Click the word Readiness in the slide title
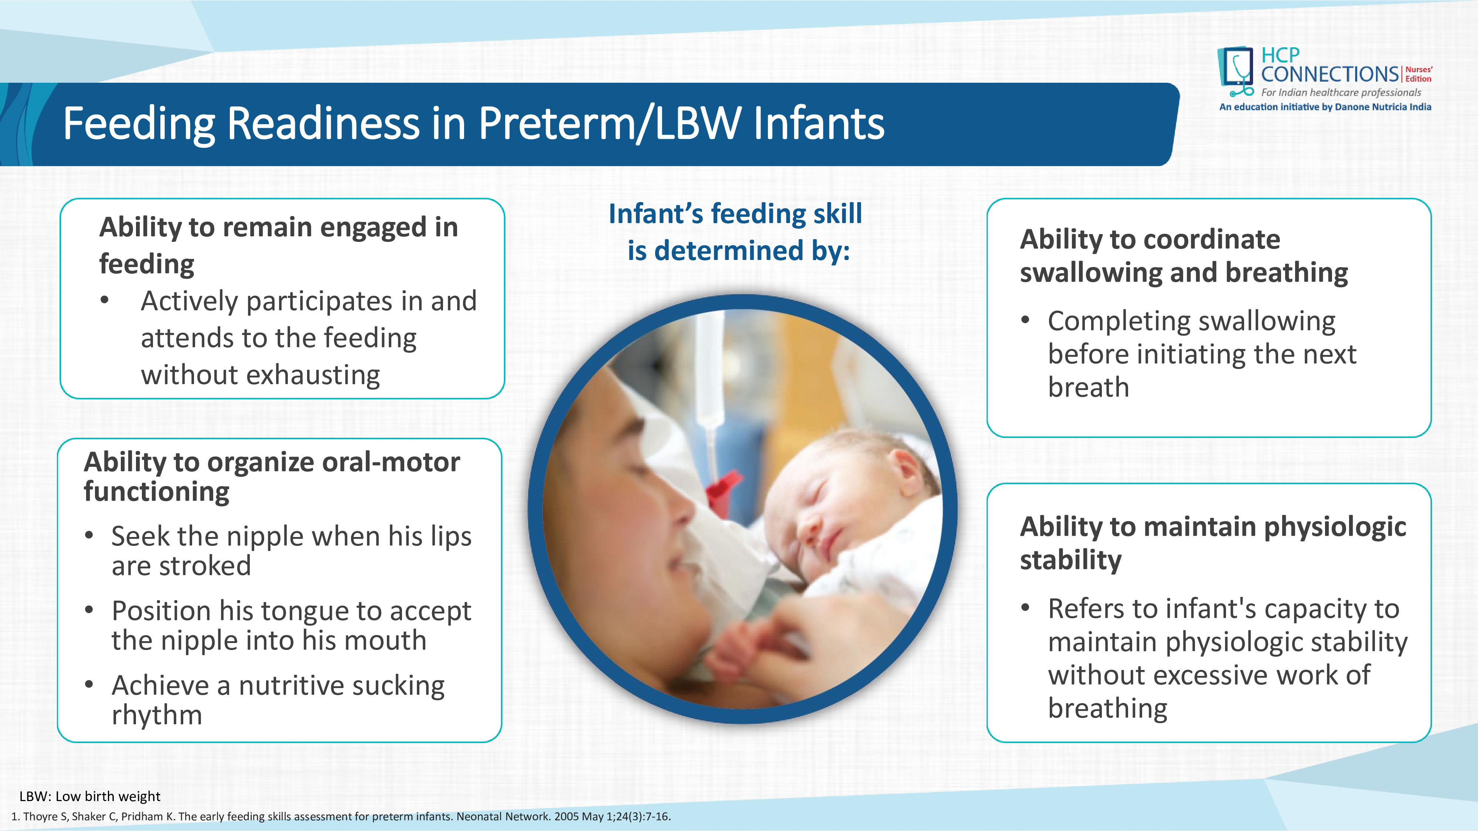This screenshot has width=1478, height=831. click(x=324, y=123)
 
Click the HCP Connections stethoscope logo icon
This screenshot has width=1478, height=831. click(x=1236, y=72)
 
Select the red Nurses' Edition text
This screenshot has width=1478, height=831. click(x=1419, y=74)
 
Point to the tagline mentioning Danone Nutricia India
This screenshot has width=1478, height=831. click(x=1325, y=107)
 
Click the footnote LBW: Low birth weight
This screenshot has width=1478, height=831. click(x=90, y=797)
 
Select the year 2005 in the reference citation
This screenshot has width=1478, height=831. click(x=566, y=817)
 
